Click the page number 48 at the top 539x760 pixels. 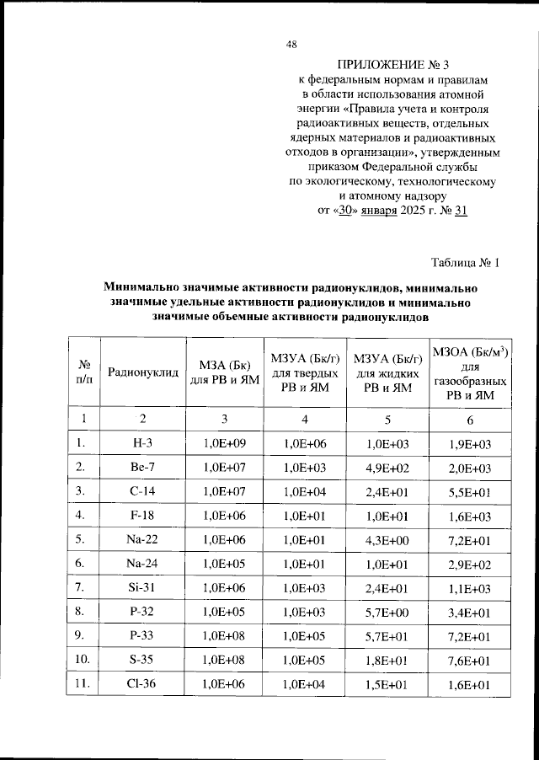[291, 44]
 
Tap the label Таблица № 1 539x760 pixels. [465, 263]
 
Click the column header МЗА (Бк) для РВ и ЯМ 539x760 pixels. [224, 372]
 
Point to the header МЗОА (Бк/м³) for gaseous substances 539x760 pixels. [471, 372]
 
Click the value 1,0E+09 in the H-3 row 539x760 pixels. [224, 442]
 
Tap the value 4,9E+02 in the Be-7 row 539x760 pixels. [387, 466]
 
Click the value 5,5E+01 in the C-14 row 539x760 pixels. [471, 490]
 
